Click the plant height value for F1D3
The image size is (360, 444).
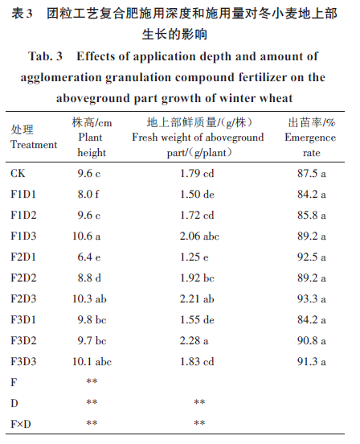pos(86,236)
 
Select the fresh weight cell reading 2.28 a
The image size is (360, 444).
pos(194,340)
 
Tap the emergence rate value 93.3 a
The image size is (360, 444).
pos(311,298)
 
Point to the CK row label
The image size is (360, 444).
pos(18,173)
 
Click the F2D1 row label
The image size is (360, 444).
pos(23,257)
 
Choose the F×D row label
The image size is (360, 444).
pos(21,424)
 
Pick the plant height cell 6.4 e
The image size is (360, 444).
pos(89,257)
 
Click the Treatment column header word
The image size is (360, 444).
pos(34,145)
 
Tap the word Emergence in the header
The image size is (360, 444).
pos(310,138)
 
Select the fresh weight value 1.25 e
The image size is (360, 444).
pos(194,257)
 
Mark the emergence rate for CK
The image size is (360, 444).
pos(311,173)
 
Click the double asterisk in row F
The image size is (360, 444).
pos(92,381)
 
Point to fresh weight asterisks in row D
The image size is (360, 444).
pos(199,402)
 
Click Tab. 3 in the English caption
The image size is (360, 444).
pos(45,56)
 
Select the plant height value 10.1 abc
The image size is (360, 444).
pos(92,361)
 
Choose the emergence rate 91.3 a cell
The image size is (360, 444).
pos(311,361)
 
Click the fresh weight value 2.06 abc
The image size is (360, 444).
pos(199,236)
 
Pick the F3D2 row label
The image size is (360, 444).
pos(23,340)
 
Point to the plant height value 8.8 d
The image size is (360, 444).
pos(89,277)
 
